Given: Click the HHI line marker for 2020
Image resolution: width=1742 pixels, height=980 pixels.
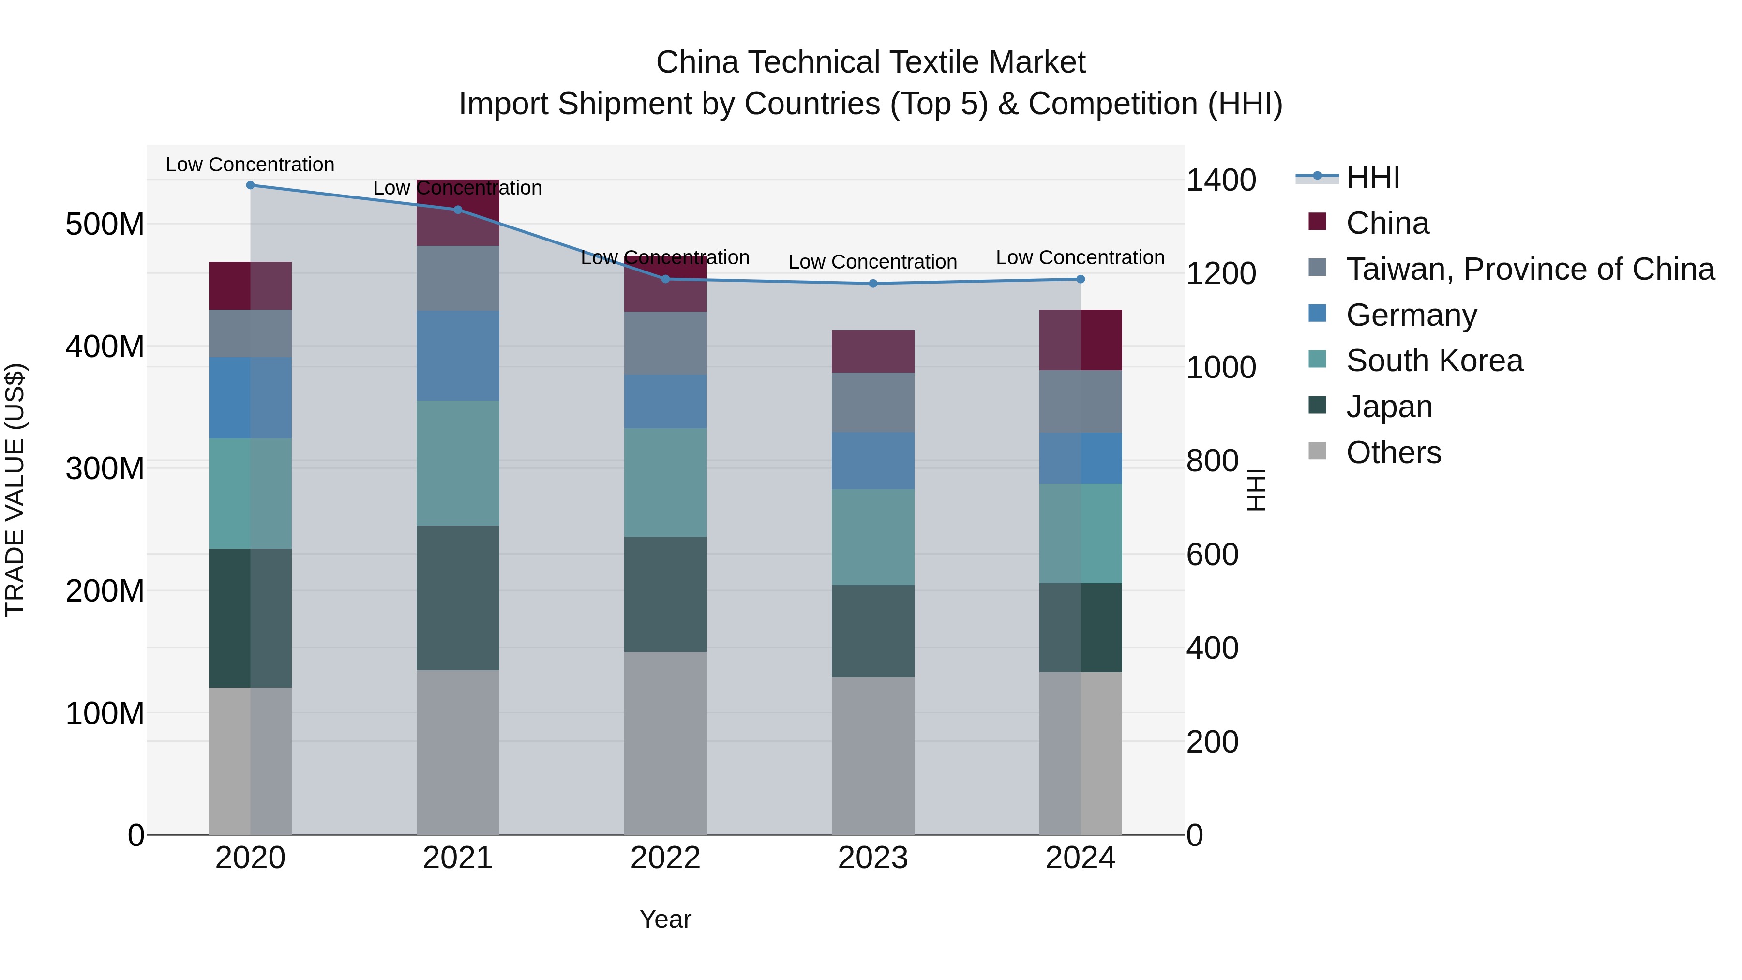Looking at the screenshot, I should point(250,185).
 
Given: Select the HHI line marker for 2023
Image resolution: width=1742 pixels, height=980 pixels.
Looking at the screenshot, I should point(872,284).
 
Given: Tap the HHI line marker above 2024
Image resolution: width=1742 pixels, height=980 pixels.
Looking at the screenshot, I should point(1080,279).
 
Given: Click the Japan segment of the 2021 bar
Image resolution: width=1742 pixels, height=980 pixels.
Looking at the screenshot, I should point(458,598).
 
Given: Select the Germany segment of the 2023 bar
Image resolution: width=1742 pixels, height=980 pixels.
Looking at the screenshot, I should point(872,461).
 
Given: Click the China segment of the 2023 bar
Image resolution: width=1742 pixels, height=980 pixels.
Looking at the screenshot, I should point(872,351).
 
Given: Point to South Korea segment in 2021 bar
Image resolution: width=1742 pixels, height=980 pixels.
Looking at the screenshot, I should point(458,463).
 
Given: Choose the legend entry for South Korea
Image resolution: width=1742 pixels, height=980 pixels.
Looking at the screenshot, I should point(1434,361).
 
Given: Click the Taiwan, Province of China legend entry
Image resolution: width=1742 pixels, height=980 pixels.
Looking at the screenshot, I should point(1530,269).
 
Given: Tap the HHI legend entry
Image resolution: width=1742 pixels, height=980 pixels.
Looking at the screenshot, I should point(1372,177).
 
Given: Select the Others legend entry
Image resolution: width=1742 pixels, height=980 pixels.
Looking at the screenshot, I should point(1393,452).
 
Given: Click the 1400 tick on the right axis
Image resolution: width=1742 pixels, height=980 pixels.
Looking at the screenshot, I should point(1221,180).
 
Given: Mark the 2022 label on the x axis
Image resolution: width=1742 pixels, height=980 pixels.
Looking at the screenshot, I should point(665,858).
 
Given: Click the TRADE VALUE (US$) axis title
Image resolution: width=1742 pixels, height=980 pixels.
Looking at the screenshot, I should point(15,490).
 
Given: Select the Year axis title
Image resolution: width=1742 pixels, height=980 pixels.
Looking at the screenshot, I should point(665,919).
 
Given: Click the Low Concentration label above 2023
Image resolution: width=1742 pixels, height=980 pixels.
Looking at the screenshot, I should point(872,262).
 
